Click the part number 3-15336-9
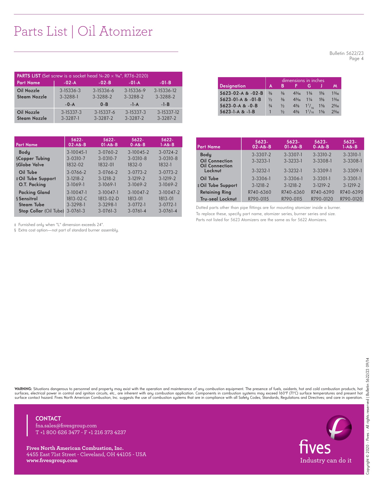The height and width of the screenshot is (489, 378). pos(135,90)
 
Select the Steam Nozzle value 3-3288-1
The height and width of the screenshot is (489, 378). pos(69,97)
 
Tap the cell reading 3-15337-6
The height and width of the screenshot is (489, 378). pos(105,112)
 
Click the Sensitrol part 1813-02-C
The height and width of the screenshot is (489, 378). pos(77,199)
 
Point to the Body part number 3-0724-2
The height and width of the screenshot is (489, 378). pos(168,152)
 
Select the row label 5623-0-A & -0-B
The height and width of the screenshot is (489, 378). pos(239,106)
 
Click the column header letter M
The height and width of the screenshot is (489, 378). pos(335,86)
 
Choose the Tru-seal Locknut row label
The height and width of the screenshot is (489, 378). pos(218,199)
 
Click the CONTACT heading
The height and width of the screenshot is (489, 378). pos(48,418)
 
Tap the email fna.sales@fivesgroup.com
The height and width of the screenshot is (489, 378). pos(66,425)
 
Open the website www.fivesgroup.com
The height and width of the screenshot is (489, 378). pos(52,460)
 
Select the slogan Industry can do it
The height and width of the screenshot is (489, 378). pos(326,460)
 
